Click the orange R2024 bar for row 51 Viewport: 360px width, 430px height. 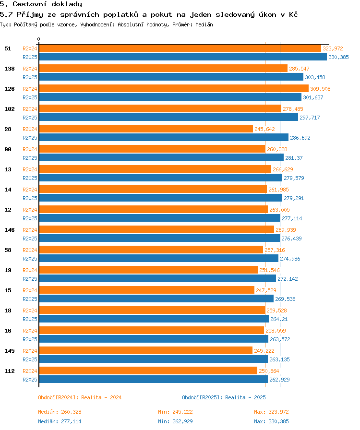[180, 48]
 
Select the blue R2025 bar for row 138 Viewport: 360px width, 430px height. [171, 77]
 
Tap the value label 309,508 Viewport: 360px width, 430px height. [320, 89]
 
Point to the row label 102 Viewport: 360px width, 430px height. [9, 109]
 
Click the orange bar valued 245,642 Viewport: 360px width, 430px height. [145, 129]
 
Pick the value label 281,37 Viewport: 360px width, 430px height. [294, 158]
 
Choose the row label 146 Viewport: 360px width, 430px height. [9, 230]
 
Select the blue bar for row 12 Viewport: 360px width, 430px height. [159, 218]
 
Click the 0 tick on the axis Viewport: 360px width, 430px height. [39, 39]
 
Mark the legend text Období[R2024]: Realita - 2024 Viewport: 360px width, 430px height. [80, 397]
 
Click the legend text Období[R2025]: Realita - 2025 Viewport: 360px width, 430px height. [224, 397]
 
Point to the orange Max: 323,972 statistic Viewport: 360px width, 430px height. [271, 412]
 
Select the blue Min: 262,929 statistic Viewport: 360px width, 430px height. [175, 421]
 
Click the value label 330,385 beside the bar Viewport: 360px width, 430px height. [338, 57]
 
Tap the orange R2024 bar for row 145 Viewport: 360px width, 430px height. [145, 350]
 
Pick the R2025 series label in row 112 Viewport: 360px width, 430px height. [30, 380]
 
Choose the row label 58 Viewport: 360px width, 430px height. [8, 250]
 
